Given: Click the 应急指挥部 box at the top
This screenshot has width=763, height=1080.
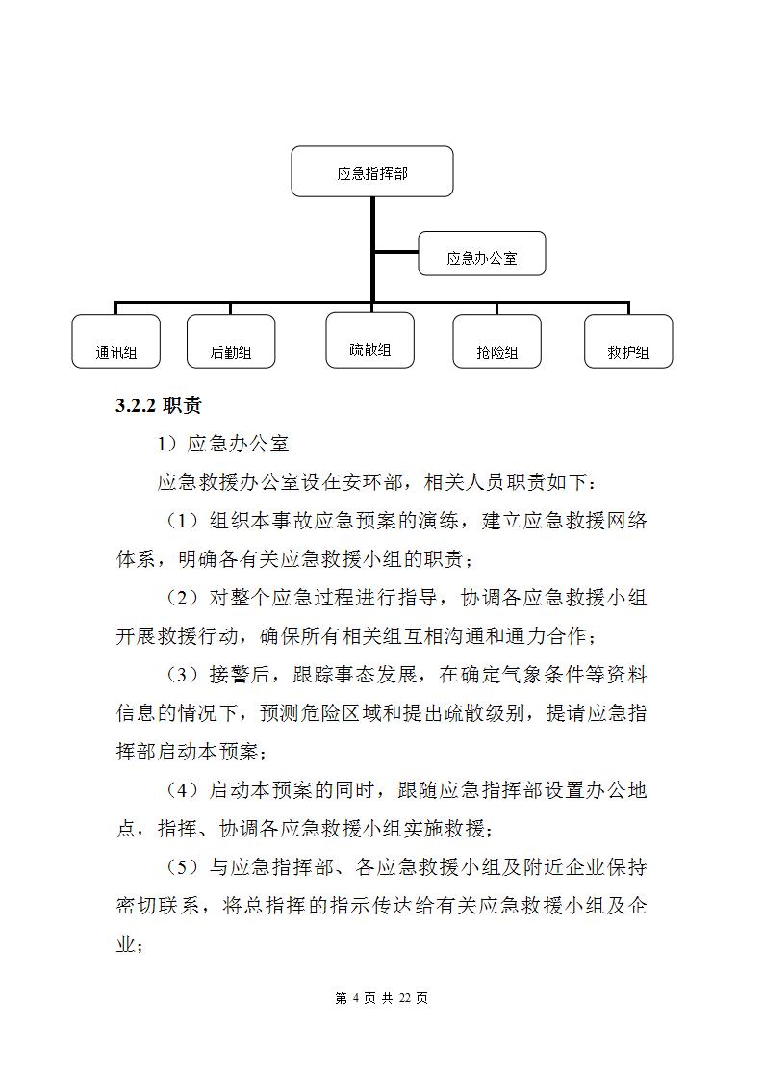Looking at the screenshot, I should click(371, 172).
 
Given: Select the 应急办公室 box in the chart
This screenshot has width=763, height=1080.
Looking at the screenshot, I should click(481, 257).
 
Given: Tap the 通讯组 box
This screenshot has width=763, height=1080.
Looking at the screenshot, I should click(115, 342).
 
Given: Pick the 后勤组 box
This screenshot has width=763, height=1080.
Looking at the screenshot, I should click(231, 342).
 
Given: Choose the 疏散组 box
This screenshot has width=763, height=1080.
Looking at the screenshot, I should click(370, 340).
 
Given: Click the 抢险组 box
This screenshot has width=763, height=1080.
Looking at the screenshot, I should click(496, 342).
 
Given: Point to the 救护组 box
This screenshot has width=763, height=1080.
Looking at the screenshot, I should click(628, 342).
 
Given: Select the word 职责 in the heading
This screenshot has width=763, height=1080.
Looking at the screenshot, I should click(182, 406).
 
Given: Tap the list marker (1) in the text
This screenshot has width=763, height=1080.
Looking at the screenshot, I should click(182, 521).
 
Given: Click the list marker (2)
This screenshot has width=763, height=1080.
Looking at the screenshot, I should click(182, 598).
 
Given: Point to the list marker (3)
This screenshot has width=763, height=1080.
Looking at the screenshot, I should click(182, 675).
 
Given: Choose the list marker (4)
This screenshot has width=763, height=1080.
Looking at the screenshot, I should click(182, 790).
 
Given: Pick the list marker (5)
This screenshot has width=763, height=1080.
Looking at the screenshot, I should click(182, 867).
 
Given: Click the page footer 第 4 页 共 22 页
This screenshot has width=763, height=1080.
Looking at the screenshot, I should click(381, 998).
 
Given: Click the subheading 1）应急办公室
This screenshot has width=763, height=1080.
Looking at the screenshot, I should click(223, 444).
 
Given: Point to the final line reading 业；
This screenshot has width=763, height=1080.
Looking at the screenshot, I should click(130, 944).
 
